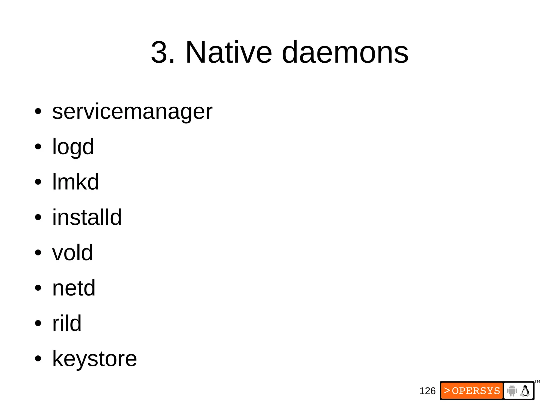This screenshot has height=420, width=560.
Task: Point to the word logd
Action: coord(73,147)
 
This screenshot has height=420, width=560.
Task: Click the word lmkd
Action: coord(75,182)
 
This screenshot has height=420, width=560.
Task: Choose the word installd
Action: coord(87,217)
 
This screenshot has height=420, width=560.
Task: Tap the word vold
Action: coord(72,253)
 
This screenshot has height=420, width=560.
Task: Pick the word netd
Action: coord(74,288)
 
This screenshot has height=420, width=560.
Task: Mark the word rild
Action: coord(67,323)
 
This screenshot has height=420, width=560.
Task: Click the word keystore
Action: coord(94,358)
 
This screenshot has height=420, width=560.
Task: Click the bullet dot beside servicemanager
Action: coord(38,112)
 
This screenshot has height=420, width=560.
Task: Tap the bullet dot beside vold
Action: coord(38,253)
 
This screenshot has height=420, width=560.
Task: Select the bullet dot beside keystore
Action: coord(38,359)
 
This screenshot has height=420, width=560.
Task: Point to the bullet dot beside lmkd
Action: coord(38,182)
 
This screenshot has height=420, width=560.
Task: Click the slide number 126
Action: coord(427,391)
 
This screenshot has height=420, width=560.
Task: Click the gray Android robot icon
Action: coord(512,391)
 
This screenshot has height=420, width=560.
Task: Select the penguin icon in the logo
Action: coord(525,391)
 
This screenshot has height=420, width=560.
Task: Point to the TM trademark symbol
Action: coord(537,381)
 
